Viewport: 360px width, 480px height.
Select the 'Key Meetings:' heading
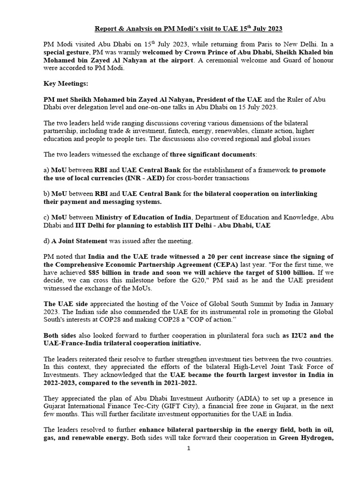pyautogui.click(x=63, y=84)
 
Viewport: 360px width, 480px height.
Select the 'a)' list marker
pyautogui.click(x=46, y=170)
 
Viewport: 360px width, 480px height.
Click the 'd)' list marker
pyautogui.click(x=46, y=241)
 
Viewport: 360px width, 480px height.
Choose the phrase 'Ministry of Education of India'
pyautogui.click(x=144, y=217)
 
